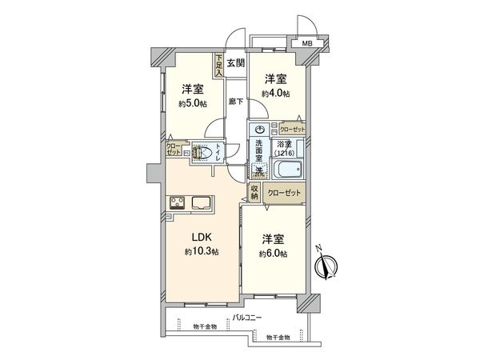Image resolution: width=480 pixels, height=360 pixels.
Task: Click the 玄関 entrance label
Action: [x=235, y=63]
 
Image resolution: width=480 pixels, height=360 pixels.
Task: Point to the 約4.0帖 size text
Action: [x=276, y=94]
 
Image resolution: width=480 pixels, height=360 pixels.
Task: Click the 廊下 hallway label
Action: [x=234, y=102]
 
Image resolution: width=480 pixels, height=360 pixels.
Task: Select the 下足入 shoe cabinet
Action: [x=218, y=65]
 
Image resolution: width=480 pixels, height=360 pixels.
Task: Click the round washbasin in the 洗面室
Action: [x=258, y=130]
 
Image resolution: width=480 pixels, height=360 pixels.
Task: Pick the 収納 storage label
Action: [x=254, y=192]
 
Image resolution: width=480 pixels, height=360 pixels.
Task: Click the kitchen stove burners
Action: [x=178, y=202]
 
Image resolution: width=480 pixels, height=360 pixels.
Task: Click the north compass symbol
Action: [x=329, y=266]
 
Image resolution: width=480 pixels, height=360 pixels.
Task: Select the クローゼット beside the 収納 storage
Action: [x=284, y=193]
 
